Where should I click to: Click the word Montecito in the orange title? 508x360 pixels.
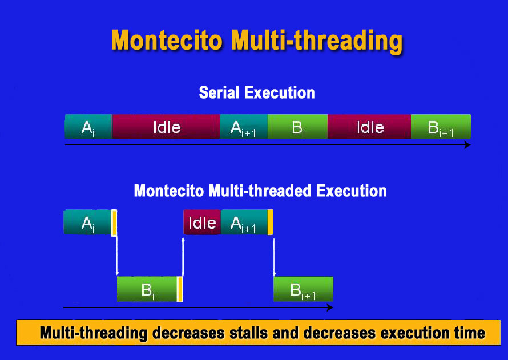(167, 40)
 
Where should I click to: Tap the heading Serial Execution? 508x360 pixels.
(257, 92)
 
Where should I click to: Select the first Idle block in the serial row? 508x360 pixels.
(166, 126)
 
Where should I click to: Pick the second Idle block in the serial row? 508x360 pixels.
(369, 126)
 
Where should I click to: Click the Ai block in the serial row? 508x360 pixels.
(88, 126)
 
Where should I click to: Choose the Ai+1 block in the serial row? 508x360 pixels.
(244, 126)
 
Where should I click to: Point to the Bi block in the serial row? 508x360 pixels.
(297, 126)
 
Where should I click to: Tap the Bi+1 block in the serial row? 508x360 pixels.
(441, 126)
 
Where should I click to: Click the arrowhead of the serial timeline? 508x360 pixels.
(468, 145)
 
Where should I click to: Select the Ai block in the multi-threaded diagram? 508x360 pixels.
(87, 222)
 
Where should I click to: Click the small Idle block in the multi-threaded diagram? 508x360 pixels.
(202, 222)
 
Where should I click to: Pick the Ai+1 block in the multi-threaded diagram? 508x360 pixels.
(244, 222)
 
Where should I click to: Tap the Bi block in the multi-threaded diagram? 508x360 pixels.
(147, 289)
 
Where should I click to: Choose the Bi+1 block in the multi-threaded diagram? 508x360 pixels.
(303, 289)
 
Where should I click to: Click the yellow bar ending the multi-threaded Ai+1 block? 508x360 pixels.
(270, 222)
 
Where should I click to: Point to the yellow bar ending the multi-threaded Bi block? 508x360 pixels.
(180, 289)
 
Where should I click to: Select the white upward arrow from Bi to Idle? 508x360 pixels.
(183, 257)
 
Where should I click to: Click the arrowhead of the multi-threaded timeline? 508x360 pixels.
(330, 308)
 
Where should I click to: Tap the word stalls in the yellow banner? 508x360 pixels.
(249, 333)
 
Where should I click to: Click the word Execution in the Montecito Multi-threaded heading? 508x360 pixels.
(352, 191)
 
